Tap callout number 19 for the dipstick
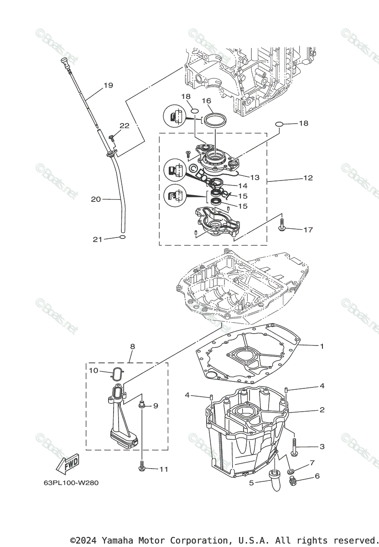108,85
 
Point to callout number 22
125,126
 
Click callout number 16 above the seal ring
207,101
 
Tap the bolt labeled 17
281,225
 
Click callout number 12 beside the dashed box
308,178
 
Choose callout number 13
254,177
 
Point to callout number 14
243,186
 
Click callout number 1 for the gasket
322,346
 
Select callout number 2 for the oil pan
322,410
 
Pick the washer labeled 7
290,470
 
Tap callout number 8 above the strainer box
132,346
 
